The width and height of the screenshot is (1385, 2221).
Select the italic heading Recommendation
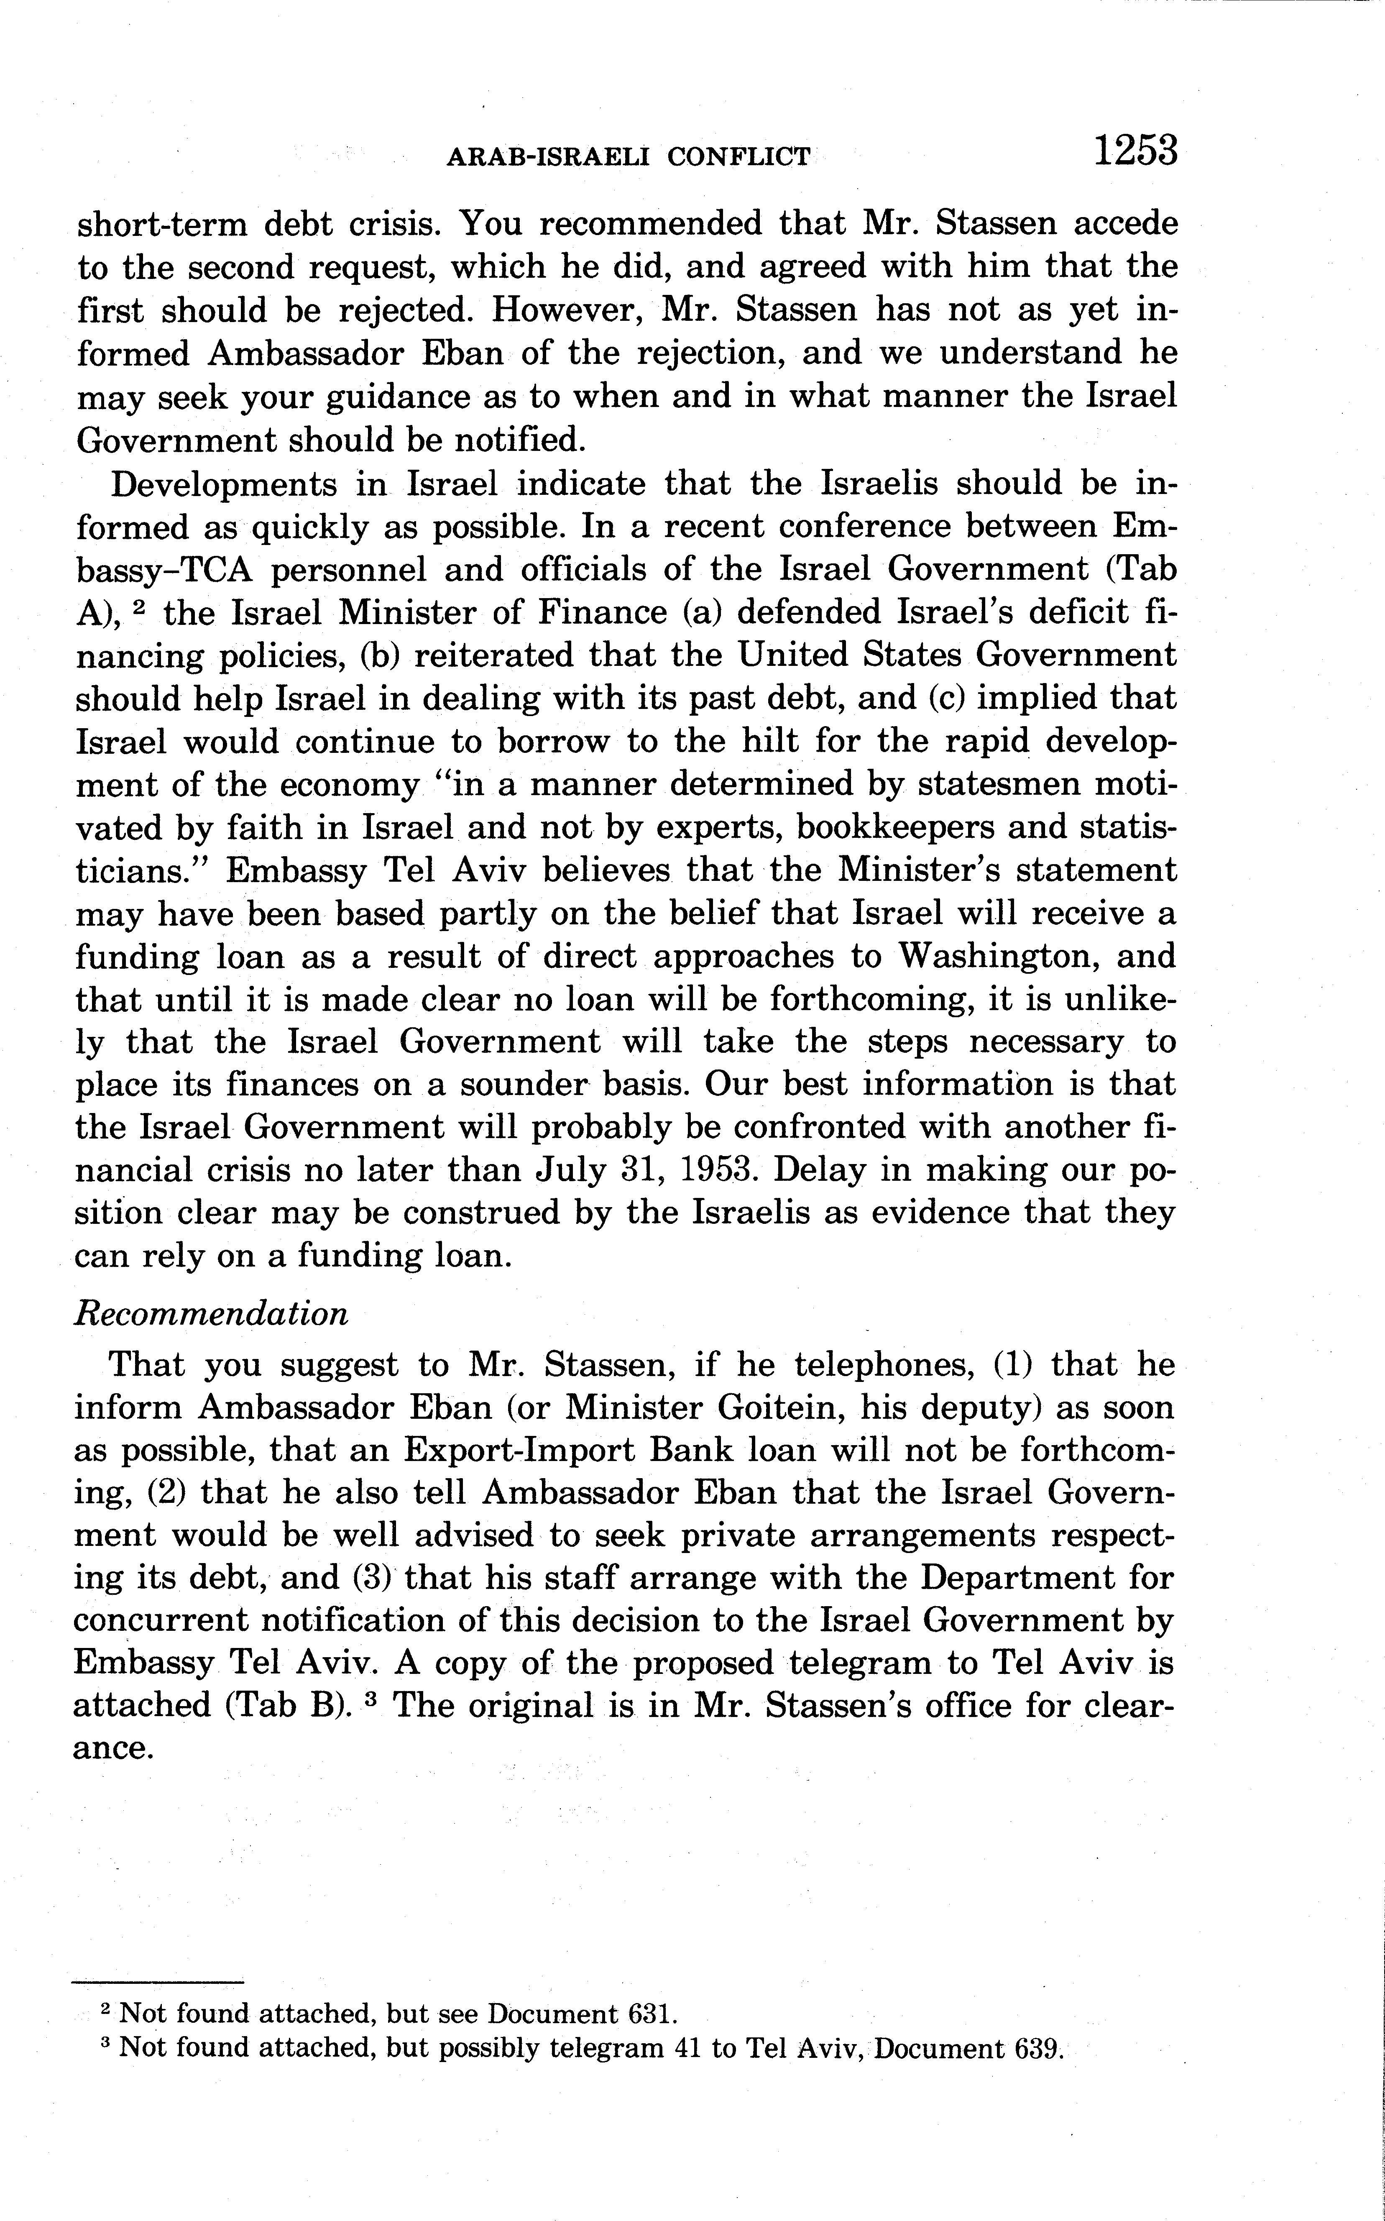[211, 1314]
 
